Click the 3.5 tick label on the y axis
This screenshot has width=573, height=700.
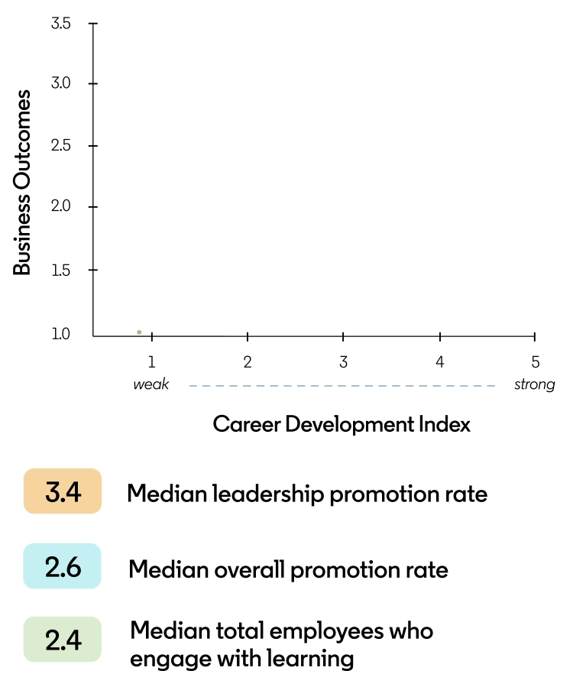[x=61, y=24]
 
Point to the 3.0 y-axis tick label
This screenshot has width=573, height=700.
[x=61, y=83]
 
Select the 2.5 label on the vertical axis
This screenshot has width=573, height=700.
[x=61, y=145]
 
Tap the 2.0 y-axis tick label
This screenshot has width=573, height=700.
[x=61, y=207]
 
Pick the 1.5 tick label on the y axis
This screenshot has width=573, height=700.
[x=61, y=270]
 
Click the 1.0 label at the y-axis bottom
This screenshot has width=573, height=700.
[x=61, y=334]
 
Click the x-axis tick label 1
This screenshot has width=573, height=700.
[x=151, y=362]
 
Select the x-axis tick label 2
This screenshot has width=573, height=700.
[x=248, y=362]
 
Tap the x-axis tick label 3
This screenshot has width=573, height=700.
[x=344, y=362]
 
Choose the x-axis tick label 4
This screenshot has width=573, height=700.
[x=440, y=362]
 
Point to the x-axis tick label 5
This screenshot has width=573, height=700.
[x=536, y=362]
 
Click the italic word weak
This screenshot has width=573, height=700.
[x=151, y=384]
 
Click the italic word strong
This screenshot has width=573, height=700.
[x=534, y=384]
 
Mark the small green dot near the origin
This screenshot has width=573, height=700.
[x=139, y=332]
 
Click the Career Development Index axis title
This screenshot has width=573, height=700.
[x=342, y=424]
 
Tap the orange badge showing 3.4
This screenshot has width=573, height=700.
[x=63, y=491]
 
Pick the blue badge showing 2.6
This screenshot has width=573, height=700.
[x=63, y=566]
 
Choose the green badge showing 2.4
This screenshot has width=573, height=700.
[x=63, y=640]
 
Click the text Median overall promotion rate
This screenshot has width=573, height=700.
[x=288, y=569]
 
